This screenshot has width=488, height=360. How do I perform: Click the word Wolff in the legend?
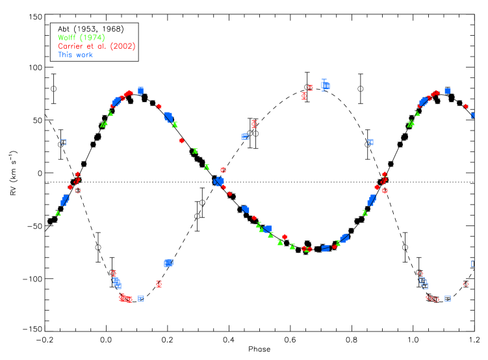coord(66,38)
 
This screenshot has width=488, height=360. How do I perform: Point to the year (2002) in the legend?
coord(122,46)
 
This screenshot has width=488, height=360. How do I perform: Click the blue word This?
coord(65,55)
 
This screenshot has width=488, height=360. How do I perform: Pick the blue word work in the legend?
coord(84,55)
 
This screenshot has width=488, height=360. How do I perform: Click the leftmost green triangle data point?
coord(58,212)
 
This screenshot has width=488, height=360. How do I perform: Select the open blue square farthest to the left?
coord(63,142)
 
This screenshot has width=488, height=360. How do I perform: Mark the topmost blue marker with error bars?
coord(325,84)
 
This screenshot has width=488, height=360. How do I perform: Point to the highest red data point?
coord(310,87)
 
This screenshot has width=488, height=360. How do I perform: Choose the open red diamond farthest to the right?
coord(465,284)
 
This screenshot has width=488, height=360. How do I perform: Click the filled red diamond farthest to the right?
coord(465,106)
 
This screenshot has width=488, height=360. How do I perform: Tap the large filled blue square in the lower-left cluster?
coord(168,263)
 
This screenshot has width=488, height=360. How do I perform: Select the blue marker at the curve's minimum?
coord(325,248)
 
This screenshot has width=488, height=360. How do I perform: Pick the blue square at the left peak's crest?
coord(140,90)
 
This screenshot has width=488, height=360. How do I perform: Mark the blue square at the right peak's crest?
coord(447,91)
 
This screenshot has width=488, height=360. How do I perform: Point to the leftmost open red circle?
coord(78,190)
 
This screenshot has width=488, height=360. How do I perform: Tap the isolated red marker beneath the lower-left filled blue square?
coord(159,284)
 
